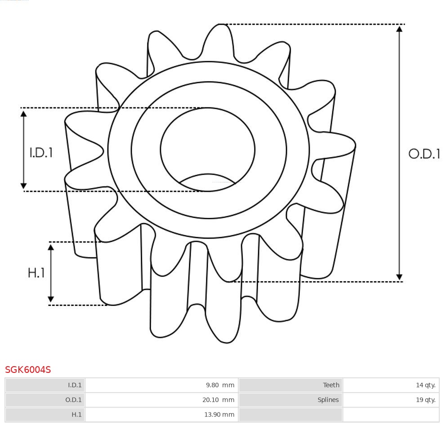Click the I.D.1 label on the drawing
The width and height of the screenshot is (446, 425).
(x=41, y=153)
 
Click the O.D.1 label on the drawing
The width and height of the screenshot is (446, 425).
(x=424, y=154)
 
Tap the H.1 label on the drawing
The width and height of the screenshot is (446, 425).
(x=36, y=273)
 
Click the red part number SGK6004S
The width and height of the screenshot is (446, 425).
(x=28, y=370)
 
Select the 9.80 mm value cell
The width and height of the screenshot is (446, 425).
(x=220, y=385)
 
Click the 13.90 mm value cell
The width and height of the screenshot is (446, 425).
(x=219, y=415)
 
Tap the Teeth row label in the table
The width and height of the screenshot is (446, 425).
(x=331, y=385)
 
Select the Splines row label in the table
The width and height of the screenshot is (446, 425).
(x=328, y=400)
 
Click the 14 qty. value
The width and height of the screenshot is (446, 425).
(x=425, y=385)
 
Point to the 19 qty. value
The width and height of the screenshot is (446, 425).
(x=425, y=400)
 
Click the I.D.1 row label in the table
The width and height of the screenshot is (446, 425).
(x=75, y=385)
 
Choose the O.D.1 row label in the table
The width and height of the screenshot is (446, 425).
(x=74, y=400)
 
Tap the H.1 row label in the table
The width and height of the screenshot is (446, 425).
(x=76, y=415)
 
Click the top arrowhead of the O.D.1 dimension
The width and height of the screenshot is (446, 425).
(x=399, y=29)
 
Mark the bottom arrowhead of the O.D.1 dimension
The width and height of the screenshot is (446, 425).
(x=399, y=277)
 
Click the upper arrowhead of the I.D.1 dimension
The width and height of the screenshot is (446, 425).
(x=24, y=113)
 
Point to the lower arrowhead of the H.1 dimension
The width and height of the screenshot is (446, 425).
(x=51, y=299)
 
